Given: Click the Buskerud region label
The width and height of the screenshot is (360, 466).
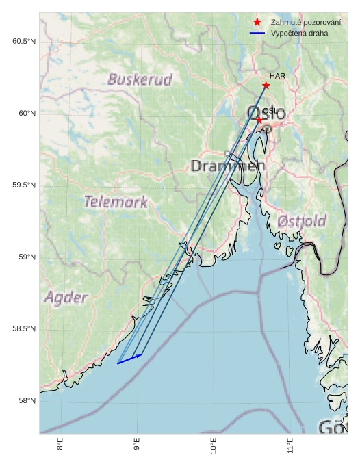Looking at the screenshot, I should (140, 80).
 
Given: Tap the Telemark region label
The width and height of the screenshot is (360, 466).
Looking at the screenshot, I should (116, 202).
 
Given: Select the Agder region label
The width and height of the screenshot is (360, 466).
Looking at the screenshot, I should (66, 298).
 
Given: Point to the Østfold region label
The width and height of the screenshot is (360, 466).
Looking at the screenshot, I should (302, 221).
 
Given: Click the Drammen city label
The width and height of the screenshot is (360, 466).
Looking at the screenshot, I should (227, 166).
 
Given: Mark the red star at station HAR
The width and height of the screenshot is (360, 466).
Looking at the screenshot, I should (266, 86).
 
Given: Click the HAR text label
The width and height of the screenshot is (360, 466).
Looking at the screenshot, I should (277, 76).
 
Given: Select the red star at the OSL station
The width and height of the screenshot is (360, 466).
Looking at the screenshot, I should (259, 120).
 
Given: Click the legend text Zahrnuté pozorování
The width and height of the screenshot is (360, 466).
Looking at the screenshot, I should (305, 23).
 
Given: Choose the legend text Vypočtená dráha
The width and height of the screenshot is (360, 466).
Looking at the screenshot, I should (299, 33).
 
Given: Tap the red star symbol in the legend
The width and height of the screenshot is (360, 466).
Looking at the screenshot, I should (257, 23).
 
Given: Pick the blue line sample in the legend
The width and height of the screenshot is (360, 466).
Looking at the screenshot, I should (257, 33).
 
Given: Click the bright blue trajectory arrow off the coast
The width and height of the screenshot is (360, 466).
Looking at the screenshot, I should (129, 359).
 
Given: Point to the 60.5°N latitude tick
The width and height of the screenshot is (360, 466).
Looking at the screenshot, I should (24, 42).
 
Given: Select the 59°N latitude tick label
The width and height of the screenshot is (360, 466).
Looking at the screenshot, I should (26, 257).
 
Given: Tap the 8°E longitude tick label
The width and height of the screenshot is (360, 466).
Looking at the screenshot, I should (60, 445).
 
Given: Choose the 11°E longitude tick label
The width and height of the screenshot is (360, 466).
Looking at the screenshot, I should (290, 445).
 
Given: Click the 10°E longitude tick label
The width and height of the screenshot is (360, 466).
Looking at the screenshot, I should (214, 445).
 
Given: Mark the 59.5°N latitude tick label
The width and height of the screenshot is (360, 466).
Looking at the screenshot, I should (24, 185).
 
